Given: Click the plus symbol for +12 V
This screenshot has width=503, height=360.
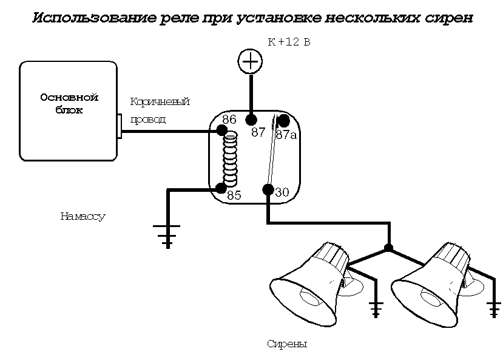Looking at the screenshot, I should (x=249, y=61).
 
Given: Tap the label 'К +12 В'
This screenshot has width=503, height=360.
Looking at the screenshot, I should (x=289, y=41).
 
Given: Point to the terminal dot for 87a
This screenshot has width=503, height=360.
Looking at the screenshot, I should (x=283, y=121).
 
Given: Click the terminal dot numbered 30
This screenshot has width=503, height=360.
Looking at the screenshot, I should (x=268, y=189).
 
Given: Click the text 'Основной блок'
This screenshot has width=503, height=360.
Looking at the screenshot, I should (x=69, y=104).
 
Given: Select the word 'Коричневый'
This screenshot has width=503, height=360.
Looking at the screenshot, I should (x=160, y=101).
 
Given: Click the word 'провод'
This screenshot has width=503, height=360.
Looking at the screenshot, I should (x=148, y=120).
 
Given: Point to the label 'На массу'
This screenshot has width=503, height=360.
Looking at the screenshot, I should (x=83, y=216).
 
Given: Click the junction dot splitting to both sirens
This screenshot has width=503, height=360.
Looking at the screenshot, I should (x=388, y=248).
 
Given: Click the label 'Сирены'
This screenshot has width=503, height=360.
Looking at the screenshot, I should (x=287, y=344).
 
